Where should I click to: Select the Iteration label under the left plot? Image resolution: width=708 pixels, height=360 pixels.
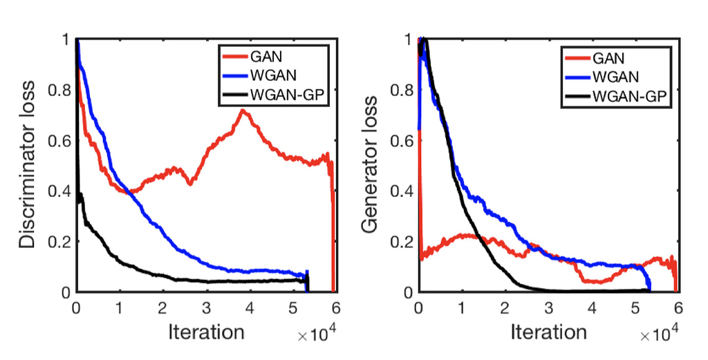[206, 332]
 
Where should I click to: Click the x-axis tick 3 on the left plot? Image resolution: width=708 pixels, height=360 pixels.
[206, 307]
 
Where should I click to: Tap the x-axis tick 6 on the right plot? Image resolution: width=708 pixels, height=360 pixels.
[678, 307]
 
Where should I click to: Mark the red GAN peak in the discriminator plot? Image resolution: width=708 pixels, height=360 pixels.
[242, 111]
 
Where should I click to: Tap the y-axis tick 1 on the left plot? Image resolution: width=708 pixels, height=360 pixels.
[67, 40]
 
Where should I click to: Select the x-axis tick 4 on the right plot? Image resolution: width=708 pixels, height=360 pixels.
[591, 307]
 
